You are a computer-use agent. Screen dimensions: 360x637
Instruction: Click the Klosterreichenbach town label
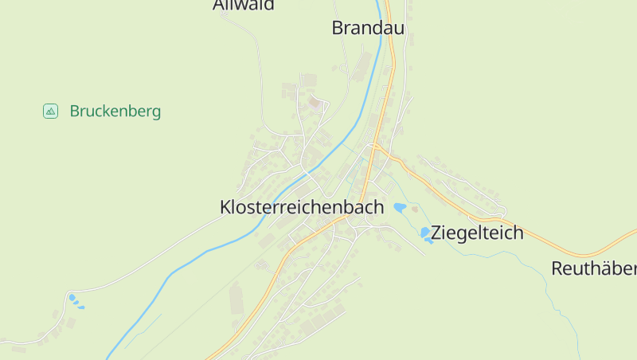(302, 207)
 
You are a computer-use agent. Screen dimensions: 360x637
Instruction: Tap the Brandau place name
(368, 29)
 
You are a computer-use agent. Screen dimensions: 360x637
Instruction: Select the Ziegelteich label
(478, 233)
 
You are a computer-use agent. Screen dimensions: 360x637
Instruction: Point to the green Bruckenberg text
(115, 112)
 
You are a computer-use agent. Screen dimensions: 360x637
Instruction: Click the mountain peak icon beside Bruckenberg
(50, 112)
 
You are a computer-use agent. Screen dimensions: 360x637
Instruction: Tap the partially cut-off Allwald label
(244, 6)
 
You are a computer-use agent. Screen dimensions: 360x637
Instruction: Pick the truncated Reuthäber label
(594, 268)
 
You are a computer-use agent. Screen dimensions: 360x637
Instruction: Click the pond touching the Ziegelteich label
(426, 233)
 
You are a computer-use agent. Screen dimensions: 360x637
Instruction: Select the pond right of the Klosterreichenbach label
(400, 207)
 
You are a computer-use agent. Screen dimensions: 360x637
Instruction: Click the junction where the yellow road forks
(374, 147)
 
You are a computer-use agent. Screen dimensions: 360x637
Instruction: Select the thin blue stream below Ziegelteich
(510, 255)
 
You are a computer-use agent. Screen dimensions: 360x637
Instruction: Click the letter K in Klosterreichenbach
(225, 207)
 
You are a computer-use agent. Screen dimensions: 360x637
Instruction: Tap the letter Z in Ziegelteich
(437, 233)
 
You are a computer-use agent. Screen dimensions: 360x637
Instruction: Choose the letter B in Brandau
(338, 29)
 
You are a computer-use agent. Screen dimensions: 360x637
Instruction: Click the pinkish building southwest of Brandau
(315, 101)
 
